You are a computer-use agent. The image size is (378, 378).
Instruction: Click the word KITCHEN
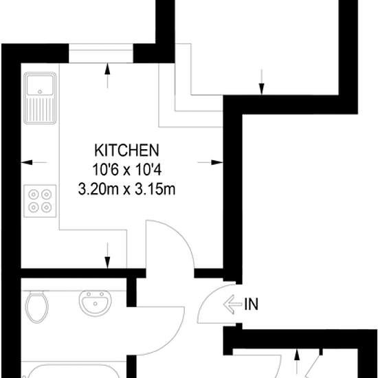(x=126, y=151)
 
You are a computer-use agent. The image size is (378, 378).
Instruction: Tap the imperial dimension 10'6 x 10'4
(x=127, y=170)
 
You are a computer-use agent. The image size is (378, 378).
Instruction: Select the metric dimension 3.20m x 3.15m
(x=126, y=189)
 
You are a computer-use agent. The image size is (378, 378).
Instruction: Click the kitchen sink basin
(x=40, y=85)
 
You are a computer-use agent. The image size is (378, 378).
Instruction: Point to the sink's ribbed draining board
(x=40, y=110)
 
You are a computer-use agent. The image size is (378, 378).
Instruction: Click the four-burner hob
(x=40, y=201)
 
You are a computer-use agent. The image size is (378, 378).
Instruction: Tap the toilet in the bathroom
(x=37, y=307)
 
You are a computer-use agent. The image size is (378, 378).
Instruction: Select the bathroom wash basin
(x=96, y=303)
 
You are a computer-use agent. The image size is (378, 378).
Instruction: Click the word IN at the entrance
(x=251, y=304)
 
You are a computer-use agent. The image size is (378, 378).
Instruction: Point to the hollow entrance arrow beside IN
(x=232, y=304)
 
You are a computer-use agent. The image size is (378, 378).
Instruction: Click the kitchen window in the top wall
(x=101, y=54)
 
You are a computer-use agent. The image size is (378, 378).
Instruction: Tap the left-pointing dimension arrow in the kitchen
(x=34, y=162)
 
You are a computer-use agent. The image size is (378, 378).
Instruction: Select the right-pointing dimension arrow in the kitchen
(x=210, y=162)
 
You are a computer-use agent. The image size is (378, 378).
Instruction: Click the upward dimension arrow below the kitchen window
(x=107, y=76)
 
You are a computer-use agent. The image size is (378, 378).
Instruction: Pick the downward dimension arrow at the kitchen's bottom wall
(x=107, y=256)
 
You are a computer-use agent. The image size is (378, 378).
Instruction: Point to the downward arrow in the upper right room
(x=262, y=82)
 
